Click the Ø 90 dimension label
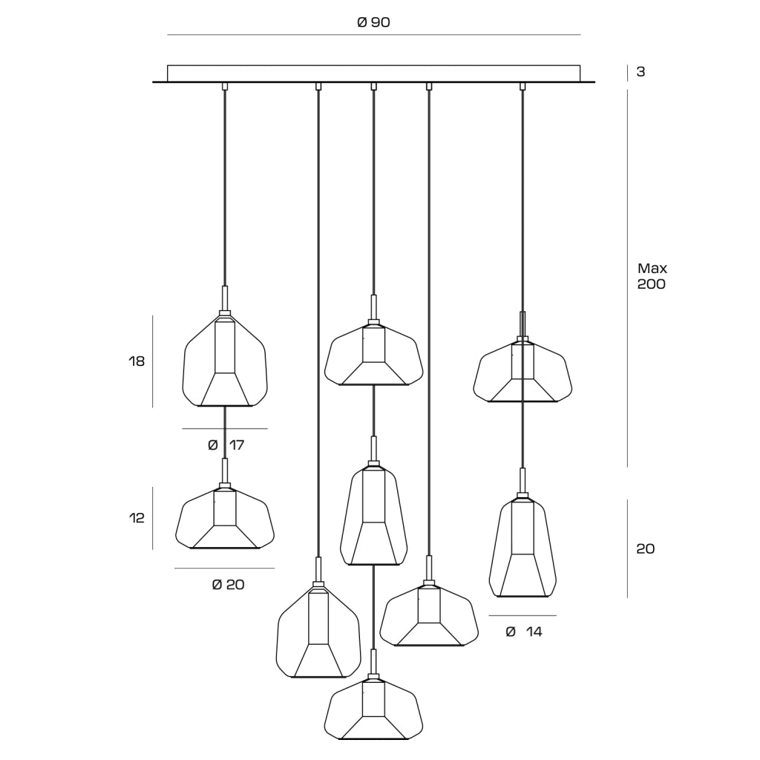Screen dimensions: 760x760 pyautogui.click(x=373, y=22)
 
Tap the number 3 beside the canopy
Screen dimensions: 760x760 pyautogui.click(x=641, y=72)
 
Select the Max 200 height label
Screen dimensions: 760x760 pyautogui.click(x=652, y=276)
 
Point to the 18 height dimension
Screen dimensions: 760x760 pyautogui.click(x=137, y=361)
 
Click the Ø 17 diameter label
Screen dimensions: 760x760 pyautogui.click(x=226, y=445)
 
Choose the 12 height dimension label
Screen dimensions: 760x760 pyautogui.click(x=137, y=518)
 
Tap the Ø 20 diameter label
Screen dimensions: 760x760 pyautogui.click(x=228, y=585)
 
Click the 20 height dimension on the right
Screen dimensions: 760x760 pyautogui.click(x=645, y=548)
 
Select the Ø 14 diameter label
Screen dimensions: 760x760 pyautogui.click(x=523, y=632)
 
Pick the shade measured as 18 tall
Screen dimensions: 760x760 pyautogui.click(x=224, y=361)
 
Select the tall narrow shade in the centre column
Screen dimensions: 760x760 pyautogui.click(x=373, y=516)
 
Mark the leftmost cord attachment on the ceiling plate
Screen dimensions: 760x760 pyautogui.click(x=224, y=86)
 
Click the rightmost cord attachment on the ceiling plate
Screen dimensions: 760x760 pyautogui.click(x=522, y=86)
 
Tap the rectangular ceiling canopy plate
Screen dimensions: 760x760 pyautogui.click(x=374, y=73)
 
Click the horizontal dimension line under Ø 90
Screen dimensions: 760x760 pyautogui.click(x=374, y=35)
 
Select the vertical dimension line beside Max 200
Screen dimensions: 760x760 pyautogui.click(x=628, y=278)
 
